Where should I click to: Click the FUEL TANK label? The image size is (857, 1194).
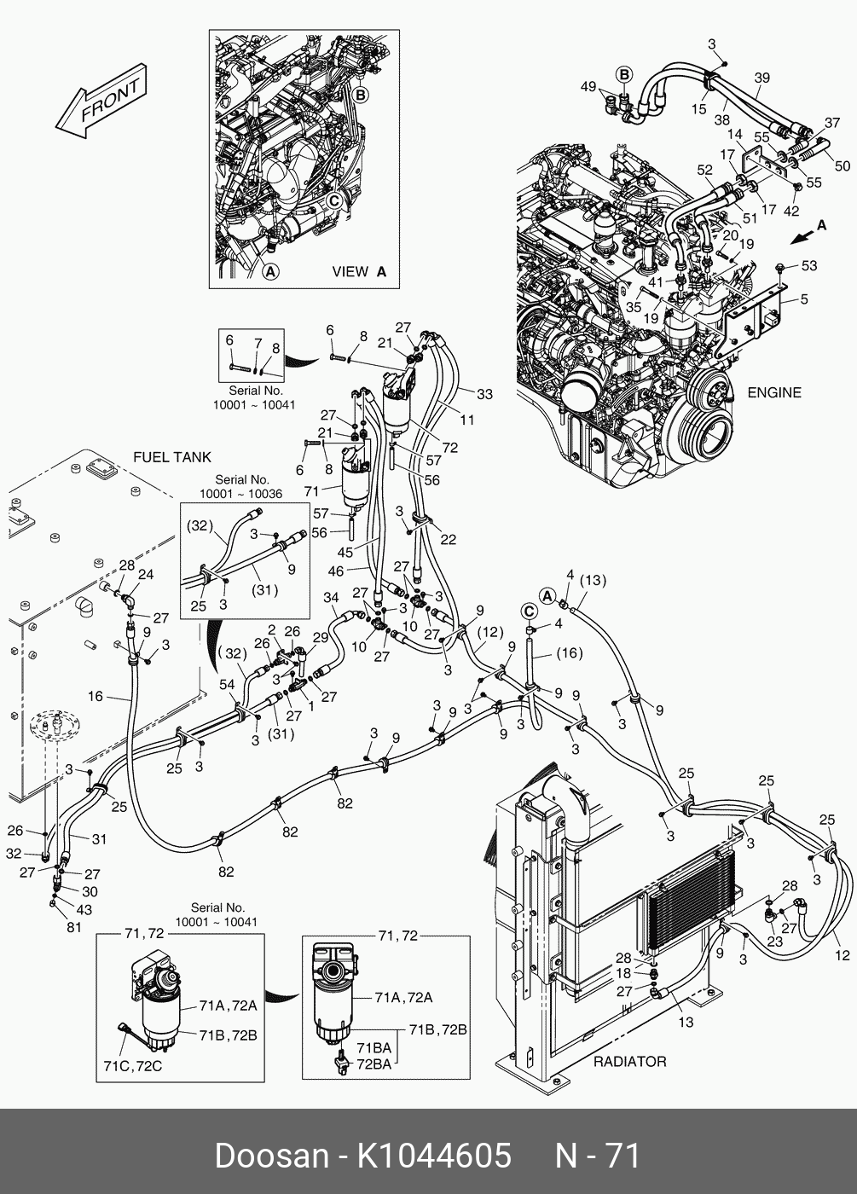172,458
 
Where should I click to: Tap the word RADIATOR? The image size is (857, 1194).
629,1062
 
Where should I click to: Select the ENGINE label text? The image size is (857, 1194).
774,393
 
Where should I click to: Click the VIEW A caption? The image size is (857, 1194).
359,272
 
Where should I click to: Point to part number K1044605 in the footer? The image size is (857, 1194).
433,1156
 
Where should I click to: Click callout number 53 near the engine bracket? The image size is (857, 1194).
808,266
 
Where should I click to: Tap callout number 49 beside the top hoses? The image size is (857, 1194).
588,87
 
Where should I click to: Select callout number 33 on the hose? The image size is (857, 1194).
484,394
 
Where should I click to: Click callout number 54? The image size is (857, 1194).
227,685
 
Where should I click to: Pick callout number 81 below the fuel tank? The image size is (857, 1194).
74,927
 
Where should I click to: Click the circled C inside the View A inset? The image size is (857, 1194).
334,200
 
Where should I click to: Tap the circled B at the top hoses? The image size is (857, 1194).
624,75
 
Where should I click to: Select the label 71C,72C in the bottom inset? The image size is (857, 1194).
133,1066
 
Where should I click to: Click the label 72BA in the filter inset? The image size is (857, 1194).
374,1064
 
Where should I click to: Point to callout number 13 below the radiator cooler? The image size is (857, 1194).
686,1022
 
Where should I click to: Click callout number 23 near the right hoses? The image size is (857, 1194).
774,942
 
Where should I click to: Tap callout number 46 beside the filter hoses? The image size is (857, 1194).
336,571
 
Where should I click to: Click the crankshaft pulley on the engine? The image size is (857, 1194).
701,426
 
